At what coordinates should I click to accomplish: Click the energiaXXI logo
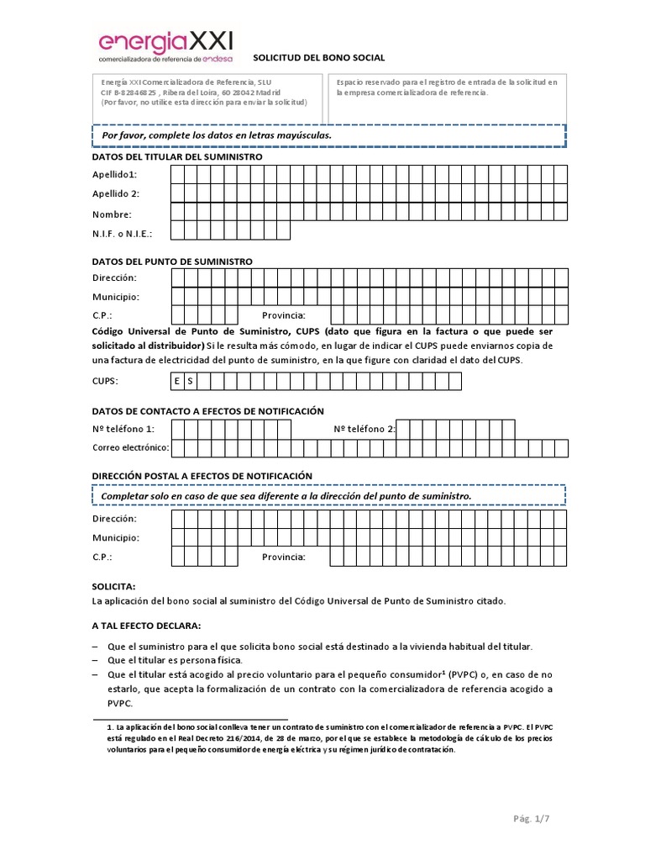166,46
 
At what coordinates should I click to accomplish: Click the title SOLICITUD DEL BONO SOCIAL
325,58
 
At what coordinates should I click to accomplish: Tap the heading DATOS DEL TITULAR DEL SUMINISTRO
176,157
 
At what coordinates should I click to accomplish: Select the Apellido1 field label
115,175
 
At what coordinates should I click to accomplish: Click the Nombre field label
112,214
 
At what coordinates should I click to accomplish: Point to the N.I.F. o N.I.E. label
122,234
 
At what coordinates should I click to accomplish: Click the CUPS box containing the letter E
177,382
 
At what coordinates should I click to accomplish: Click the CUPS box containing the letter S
190,382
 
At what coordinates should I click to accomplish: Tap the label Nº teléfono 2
364,430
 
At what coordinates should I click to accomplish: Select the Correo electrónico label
130,447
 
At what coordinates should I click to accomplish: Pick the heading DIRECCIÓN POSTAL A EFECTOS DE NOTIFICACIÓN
202,476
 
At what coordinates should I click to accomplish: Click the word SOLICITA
113,586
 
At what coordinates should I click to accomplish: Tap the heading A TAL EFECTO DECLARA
146,626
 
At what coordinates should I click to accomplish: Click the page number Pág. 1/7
532,819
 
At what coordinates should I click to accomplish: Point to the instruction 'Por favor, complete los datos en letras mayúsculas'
217,135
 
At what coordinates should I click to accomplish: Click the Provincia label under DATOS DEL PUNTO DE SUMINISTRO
284,315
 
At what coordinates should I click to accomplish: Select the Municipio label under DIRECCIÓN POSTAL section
115,538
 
